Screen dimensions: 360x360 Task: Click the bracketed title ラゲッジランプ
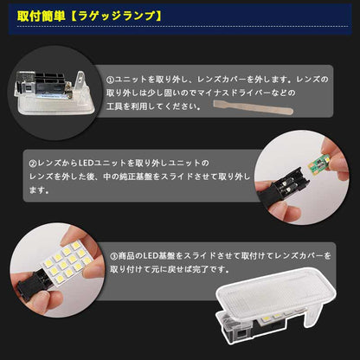[101, 16]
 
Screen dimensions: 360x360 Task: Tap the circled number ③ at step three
[113, 257]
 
